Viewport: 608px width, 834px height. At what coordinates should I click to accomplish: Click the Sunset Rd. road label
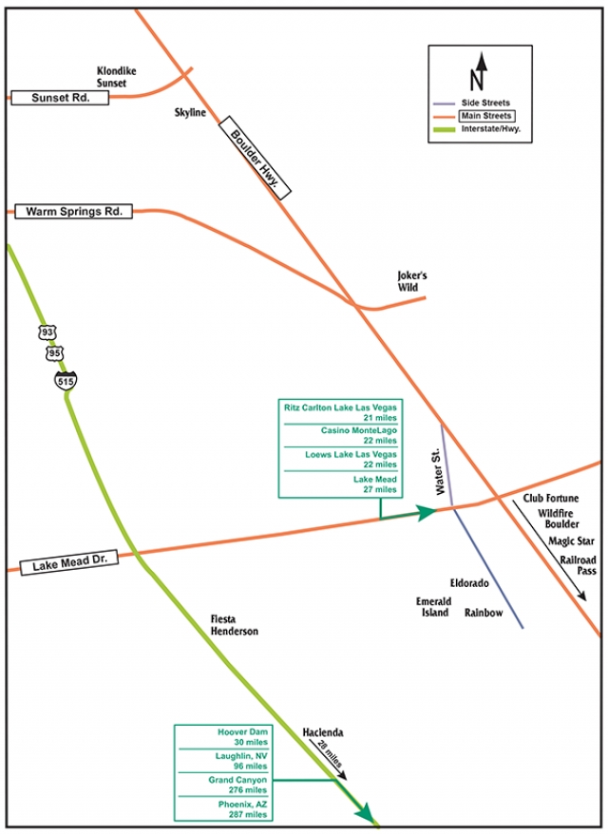(59, 97)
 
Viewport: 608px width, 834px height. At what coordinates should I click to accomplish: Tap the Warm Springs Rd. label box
(74, 211)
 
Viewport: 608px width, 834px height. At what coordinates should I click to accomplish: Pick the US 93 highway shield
(47, 332)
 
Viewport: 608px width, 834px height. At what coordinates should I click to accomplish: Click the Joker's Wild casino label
(412, 282)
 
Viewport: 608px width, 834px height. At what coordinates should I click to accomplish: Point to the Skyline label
(190, 112)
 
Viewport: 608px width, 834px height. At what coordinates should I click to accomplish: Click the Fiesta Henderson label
(234, 625)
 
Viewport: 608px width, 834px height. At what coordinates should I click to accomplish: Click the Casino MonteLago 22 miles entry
(340, 434)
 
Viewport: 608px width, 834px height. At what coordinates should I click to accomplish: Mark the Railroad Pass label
(578, 566)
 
